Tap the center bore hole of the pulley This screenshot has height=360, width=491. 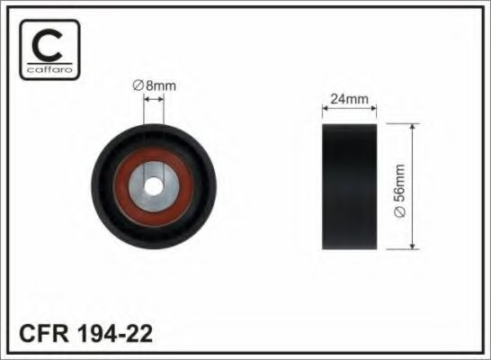point(155,186)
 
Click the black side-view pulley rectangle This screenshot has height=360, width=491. point(351,186)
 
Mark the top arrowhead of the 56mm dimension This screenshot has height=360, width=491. point(411,128)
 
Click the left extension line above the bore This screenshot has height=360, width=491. point(145,112)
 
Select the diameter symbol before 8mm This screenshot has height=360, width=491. point(137,85)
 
